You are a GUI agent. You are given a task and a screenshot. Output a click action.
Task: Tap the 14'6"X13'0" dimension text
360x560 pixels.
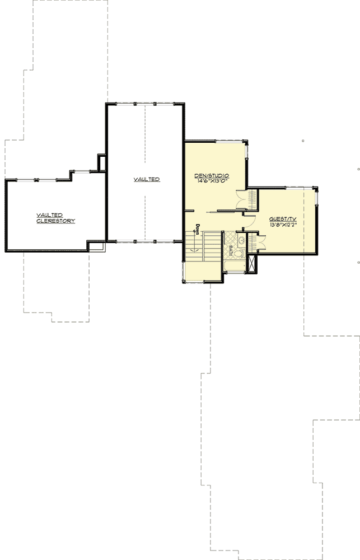tap(214, 181)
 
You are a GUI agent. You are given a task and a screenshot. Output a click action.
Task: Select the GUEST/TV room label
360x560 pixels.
tap(282, 218)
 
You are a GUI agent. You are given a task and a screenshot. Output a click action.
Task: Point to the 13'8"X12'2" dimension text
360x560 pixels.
tap(282, 224)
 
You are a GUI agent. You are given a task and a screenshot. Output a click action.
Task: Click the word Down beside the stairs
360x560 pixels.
tap(198, 229)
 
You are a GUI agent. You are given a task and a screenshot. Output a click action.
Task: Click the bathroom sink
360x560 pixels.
tap(241, 241)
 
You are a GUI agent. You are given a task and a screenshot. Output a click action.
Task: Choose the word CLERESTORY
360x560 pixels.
tap(55, 221)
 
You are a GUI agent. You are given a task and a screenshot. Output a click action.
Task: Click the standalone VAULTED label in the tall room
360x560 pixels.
tap(147, 179)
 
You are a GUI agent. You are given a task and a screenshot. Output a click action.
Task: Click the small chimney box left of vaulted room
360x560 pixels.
tap(101, 162)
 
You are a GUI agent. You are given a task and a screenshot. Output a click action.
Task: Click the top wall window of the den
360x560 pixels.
tap(215, 141)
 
